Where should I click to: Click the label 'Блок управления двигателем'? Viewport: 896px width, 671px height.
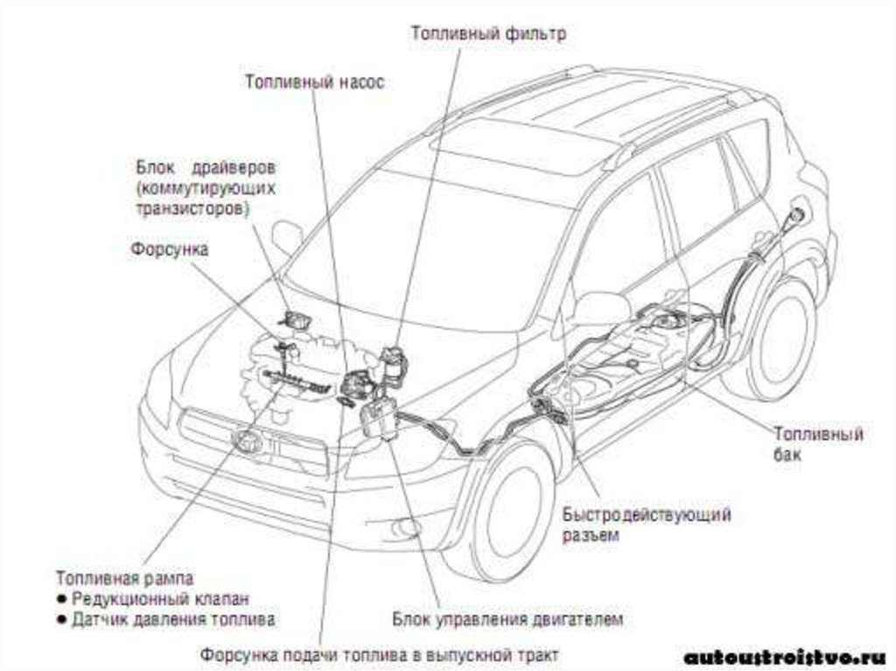507,620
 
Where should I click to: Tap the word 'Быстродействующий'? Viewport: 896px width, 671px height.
647,514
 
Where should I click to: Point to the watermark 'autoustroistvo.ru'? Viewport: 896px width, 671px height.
784,656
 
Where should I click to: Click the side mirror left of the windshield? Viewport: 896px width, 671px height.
286,235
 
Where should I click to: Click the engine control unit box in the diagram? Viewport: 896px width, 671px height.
377,421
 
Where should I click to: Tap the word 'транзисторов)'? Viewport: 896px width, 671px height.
192,209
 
